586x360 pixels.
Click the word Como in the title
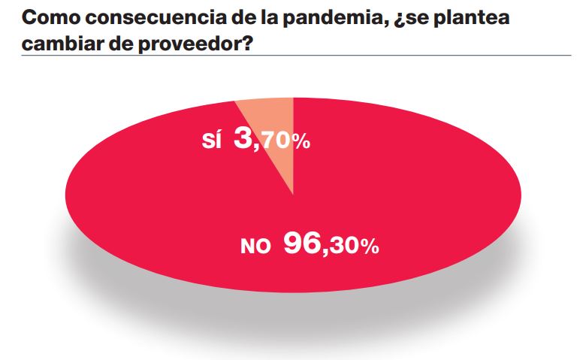tap(47, 17)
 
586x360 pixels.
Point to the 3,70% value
tap(272, 140)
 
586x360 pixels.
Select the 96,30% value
tap(331, 244)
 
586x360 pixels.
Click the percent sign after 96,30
tap(367, 247)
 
